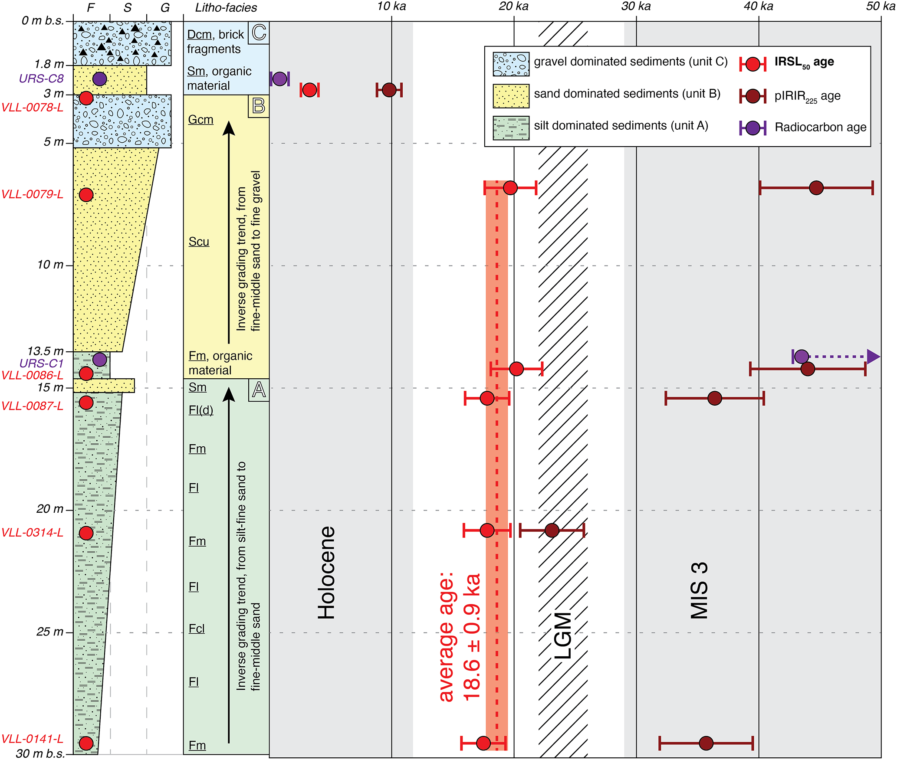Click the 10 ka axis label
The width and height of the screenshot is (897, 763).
click(x=391, y=7)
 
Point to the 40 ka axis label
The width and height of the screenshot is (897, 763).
click(x=758, y=7)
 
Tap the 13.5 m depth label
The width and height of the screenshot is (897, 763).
click(x=46, y=350)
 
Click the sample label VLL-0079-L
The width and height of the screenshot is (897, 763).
click(x=33, y=194)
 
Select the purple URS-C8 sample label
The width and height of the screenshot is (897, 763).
click(x=41, y=79)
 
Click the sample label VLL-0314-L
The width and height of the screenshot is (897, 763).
click(x=33, y=532)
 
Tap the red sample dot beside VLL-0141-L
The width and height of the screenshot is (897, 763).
click(x=86, y=743)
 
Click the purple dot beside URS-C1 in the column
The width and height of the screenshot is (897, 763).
click(x=100, y=359)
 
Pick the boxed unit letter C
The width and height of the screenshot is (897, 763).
click(x=259, y=33)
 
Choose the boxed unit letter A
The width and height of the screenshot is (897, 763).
click(x=259, y=390)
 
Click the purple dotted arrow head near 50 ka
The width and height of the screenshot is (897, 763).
click(x=873, y=357)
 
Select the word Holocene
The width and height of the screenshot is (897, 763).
click(x=327, y=572)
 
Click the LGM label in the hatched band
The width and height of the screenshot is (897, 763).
click(x=563, y=635)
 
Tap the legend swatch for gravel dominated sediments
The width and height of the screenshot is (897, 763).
click(x=511, y=64)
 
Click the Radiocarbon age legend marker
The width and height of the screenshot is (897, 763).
click(x=752, y=128)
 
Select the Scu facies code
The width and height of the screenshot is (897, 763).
click(x=199, y=242)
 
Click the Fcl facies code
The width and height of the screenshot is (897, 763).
click(x=197, y=629)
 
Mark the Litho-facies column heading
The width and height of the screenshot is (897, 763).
click(x=226, y=7)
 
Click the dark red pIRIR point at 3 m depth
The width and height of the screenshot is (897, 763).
click(x=389, y=90)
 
